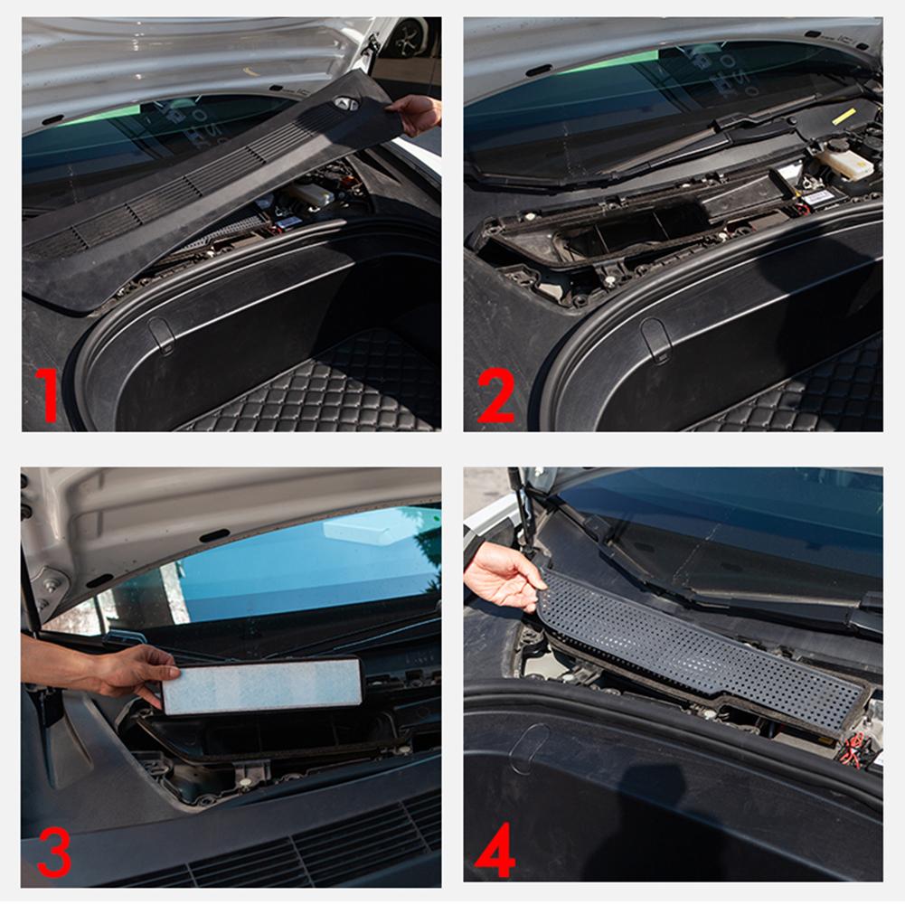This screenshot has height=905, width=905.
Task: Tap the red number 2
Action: pos(495,395)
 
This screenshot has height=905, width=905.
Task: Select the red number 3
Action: pos(53,853)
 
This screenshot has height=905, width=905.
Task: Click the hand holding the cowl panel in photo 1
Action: pos(417,113)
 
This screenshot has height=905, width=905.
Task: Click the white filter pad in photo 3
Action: pos(262,685)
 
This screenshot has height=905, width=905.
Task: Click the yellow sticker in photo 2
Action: pos(844,116)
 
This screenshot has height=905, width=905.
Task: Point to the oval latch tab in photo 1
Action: pos(161,336)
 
